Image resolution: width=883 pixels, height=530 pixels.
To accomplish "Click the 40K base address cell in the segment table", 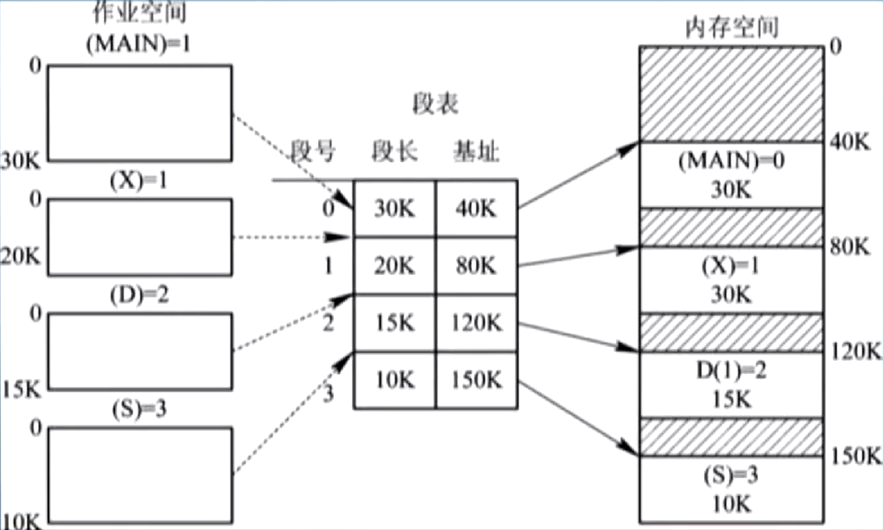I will (x=476, y=208).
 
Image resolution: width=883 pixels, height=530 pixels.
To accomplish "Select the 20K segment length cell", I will (x=394, y=266).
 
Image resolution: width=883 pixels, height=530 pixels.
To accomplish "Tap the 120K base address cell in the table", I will (x=476, y=323).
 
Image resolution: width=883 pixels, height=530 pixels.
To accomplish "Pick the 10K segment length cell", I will (x=394, y=379).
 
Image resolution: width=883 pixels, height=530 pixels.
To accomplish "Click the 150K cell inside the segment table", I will (x=476, y=379).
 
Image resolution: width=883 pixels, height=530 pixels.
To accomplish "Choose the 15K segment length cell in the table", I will (x=394, y=323).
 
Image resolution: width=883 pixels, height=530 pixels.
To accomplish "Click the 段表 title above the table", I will (x=435, y=104).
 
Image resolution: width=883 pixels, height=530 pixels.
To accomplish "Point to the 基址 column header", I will (x=476, y=151).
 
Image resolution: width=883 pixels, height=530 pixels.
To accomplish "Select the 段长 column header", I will (x=394, y=151).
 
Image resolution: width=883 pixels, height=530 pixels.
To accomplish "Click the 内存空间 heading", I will (x=732, y=27).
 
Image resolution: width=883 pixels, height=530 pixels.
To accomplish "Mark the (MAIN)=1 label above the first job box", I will (x=138, y=43).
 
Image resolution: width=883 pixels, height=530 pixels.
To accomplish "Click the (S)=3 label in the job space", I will (x=139, y=410).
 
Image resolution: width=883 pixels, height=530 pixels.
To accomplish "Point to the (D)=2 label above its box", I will (x=139, y=295).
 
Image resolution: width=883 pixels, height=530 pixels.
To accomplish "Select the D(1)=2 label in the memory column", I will (x=731, y=370).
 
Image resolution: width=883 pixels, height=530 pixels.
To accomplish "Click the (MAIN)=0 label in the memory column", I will (x=731, y=161).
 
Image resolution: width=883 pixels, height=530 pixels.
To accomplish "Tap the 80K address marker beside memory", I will (x=849, y=246).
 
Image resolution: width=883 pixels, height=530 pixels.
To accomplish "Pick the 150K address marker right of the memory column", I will (x=855, y=455).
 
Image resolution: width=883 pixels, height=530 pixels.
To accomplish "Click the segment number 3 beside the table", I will (x=328, y=394).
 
